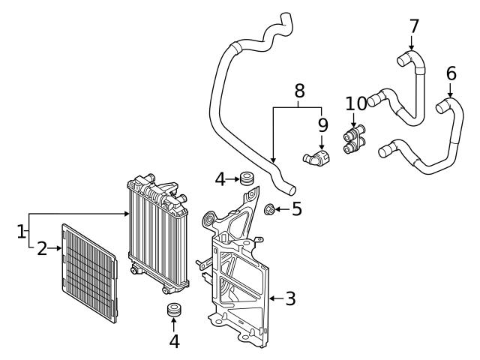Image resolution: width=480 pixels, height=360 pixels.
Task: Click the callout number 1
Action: click(x=21, y=232)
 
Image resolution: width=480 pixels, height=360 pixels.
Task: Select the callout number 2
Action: click(x=42, y=248)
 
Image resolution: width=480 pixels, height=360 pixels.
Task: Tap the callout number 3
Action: click(x=290, y=298)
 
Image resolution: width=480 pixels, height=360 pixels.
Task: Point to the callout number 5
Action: click(x=296, y=208)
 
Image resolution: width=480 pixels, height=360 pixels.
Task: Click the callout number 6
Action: click(x=451, y=73)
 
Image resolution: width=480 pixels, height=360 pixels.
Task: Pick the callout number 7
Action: click(x=414, y=26)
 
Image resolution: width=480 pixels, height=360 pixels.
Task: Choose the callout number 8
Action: click(x=299, y=91)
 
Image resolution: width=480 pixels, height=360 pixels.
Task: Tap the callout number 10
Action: click(x=356, y=103)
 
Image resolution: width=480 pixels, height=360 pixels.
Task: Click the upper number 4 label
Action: click(x=220, y=179)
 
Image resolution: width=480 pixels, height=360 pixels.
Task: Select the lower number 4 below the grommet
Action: click(x=174, y=341)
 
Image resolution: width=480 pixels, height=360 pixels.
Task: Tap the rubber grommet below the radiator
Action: click(x=175, y=310)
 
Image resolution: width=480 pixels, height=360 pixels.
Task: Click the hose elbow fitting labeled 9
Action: click(x=316, y=157)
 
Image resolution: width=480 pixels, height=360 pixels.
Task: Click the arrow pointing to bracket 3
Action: click(x=274, y=298)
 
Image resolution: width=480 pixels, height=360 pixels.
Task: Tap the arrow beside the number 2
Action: click(x=55, y=248)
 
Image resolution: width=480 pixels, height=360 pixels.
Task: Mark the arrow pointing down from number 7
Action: click(x=414, y=43)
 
